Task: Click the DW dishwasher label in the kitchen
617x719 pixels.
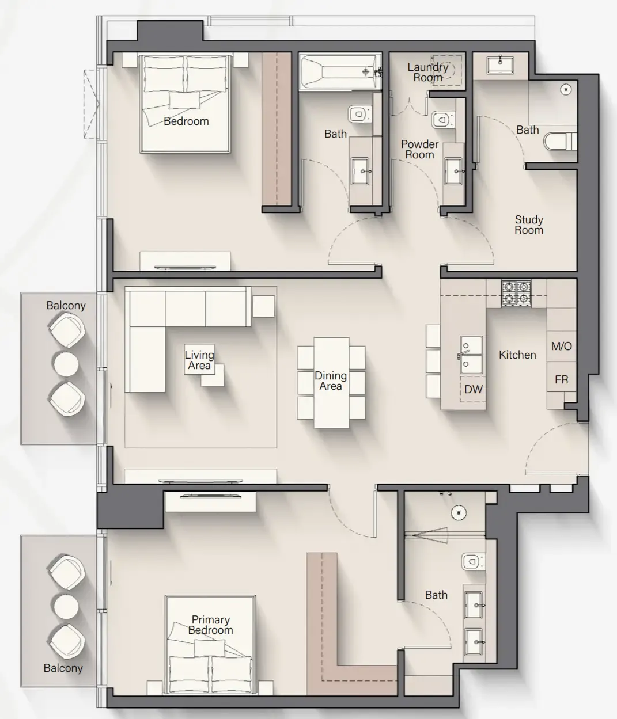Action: point(474,390)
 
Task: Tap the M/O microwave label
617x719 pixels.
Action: point(561,347)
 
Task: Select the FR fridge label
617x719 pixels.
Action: point(561,380)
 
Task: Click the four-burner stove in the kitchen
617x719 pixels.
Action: point(516,293)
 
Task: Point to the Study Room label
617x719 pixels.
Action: point(529,225)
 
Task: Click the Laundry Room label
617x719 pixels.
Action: point(427,73)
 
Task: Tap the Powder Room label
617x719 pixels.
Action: point(419,150)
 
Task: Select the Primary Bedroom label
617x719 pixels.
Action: point(210,625)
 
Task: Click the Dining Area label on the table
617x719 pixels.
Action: point(331,381)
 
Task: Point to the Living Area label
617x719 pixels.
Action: point(199,360)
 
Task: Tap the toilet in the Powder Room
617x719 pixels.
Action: point(441,120)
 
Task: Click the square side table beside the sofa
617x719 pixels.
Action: point(263,305)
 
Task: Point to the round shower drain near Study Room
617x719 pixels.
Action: point(566,90)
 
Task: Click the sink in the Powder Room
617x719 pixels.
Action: point(454,171)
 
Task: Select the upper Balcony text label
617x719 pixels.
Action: point(66,306)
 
